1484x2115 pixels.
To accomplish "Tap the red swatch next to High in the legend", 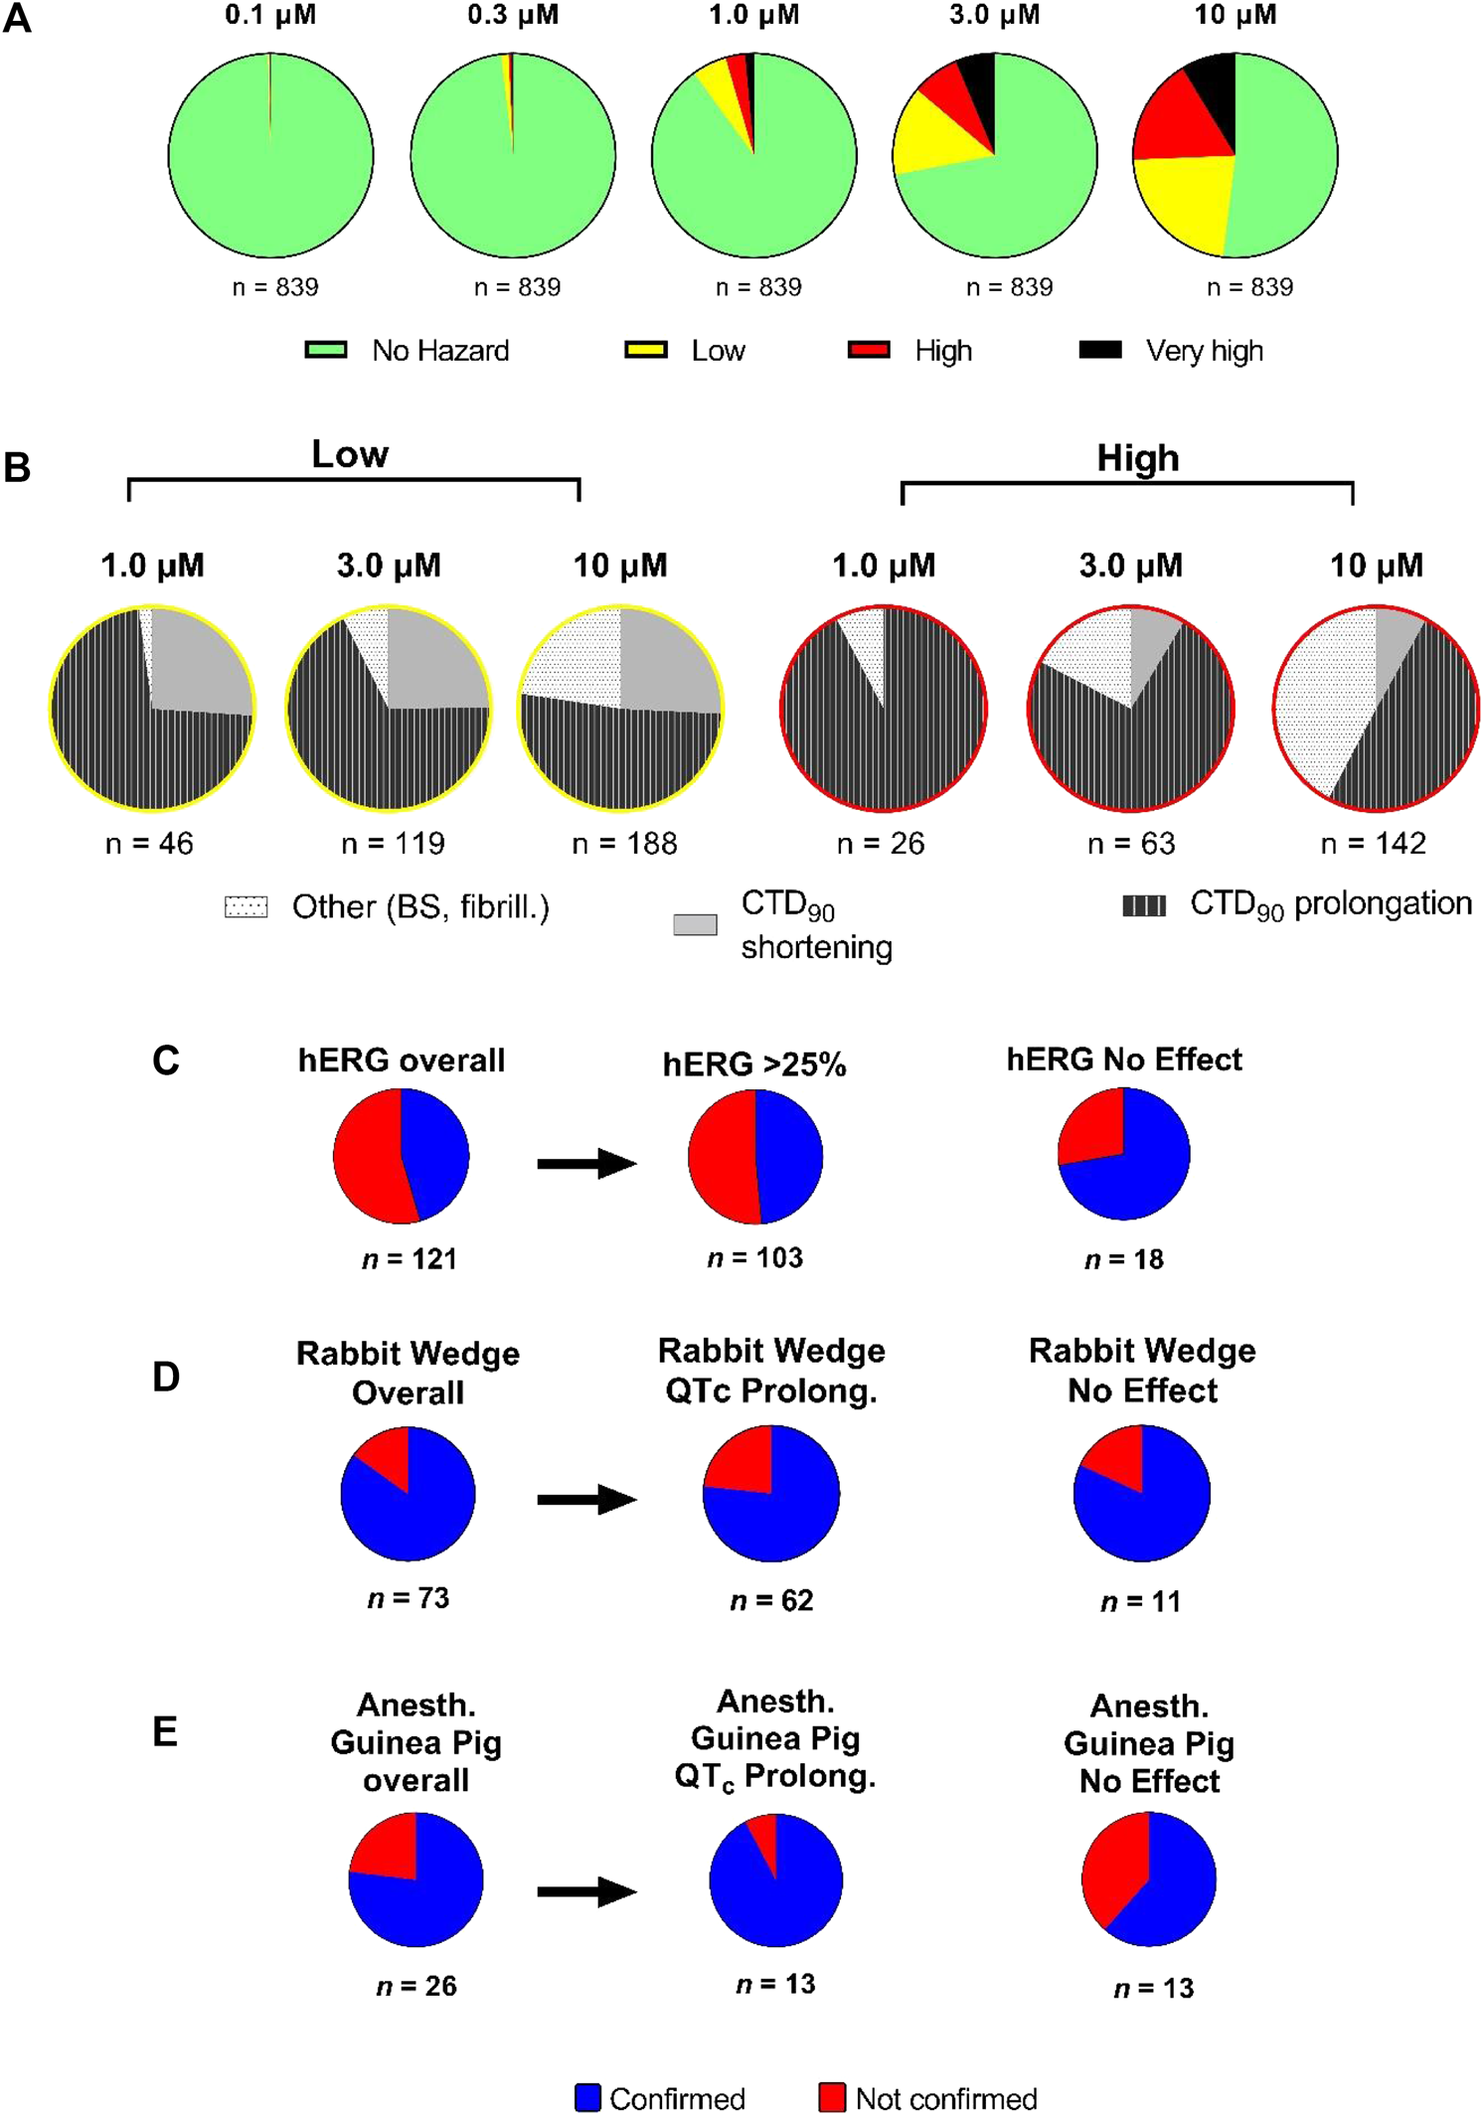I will point(869,350).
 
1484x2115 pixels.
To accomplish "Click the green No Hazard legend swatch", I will point(325,350).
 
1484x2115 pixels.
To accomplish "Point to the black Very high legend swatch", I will point(1100,350).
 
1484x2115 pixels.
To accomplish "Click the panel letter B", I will point(17,467).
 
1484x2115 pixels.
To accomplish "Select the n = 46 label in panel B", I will point(149,844).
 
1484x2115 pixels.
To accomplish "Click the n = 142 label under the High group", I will point(1373,844).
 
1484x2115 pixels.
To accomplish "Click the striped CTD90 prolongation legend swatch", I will point(1143,905).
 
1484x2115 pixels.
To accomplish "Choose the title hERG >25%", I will point(754,1064).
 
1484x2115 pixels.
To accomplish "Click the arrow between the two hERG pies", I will point(586,1163).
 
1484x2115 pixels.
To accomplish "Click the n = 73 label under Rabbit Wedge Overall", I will point(409,1598).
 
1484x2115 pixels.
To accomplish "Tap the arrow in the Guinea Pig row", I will point(586,1891).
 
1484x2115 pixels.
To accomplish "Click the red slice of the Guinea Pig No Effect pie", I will point(1113,1869).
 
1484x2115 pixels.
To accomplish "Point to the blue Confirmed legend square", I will point(587,2097).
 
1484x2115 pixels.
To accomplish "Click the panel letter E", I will point(165,1731).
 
